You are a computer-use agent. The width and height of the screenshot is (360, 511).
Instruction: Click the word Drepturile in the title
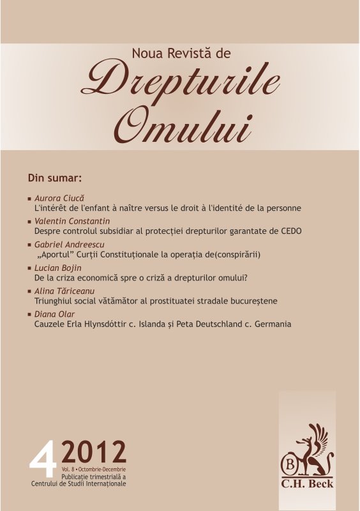181,82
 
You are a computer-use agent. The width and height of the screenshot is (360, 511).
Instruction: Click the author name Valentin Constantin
71,221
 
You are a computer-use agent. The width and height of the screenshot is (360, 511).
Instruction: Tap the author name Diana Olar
54,314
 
